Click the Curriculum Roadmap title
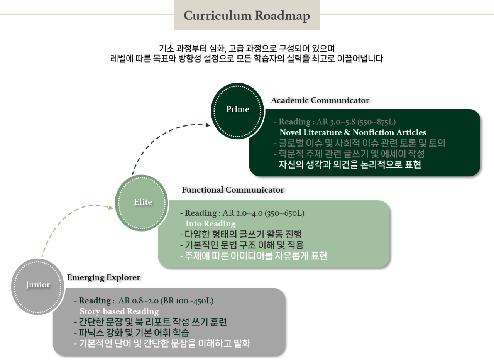(247, 16)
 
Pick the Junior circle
(38, 286)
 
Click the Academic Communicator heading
(320, 101)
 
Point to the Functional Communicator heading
(233, 190)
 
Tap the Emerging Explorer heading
(103, 278)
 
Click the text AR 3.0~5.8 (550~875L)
(356, 122)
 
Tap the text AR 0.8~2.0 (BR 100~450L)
(166, 301)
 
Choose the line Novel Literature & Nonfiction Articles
(353, 133)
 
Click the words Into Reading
(210, 224)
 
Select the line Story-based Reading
(119, 311)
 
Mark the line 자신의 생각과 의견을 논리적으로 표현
(350, 165)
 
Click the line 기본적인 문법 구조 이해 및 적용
(242, 245)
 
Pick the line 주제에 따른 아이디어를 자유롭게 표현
(254, 255)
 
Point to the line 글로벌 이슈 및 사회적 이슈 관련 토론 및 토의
(360, 143)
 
